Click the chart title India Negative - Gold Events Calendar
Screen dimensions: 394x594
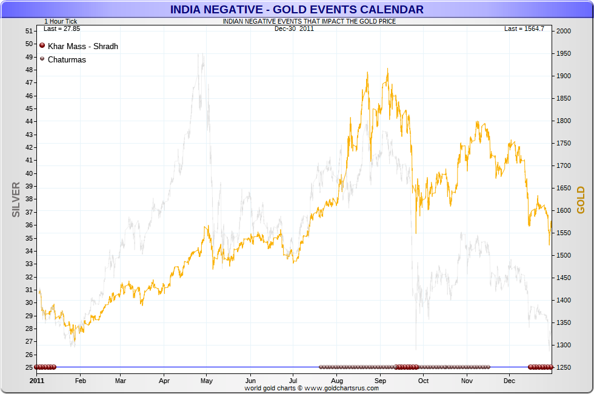[296, 9]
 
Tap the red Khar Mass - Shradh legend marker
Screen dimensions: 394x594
[42, 45]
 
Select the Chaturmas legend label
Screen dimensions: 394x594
[67, 59]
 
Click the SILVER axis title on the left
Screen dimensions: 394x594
[16, 199]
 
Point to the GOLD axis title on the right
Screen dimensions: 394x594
[580, 200]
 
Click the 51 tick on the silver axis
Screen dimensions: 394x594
[29, 31]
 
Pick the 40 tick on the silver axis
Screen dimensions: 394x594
[29, 173]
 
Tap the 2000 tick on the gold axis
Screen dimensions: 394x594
[563, 31]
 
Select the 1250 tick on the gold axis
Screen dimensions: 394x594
[563, 368]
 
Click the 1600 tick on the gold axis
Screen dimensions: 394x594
[563, 211]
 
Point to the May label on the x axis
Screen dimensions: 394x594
[207, 381]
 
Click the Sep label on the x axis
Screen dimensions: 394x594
[380, 381]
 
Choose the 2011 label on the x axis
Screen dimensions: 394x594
[37, 381]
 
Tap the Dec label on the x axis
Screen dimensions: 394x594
[509, 381]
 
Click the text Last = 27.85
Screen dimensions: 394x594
[58, 28]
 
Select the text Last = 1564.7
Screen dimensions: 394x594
[524, 28]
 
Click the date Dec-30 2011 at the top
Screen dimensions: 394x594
[294, 28]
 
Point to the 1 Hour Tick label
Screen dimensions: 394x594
[60, 21]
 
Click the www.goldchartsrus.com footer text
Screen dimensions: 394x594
[312, 388]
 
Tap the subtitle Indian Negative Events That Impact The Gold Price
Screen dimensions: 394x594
[309, 21]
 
